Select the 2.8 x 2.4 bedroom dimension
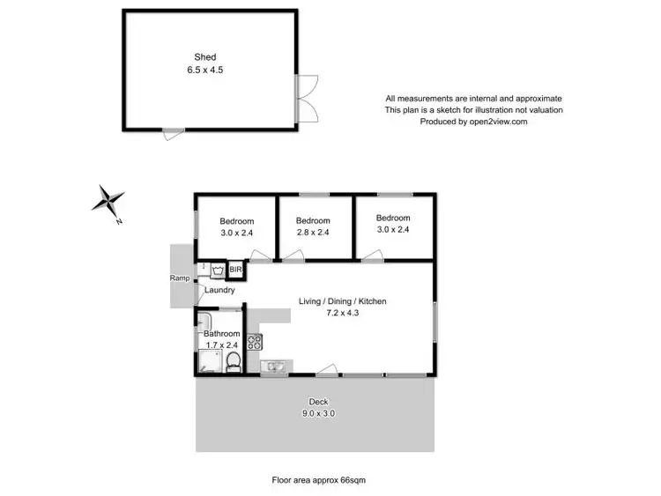pos(313,233)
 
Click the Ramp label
pos(180,278)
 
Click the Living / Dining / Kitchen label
pos(344,301)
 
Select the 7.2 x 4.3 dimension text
pos(344,313)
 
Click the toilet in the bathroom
pos(233,362)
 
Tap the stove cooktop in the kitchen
pos(254,340)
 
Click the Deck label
pos(318,402)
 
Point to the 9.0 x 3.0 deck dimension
pos(318,413)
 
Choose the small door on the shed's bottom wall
pos(174,134)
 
